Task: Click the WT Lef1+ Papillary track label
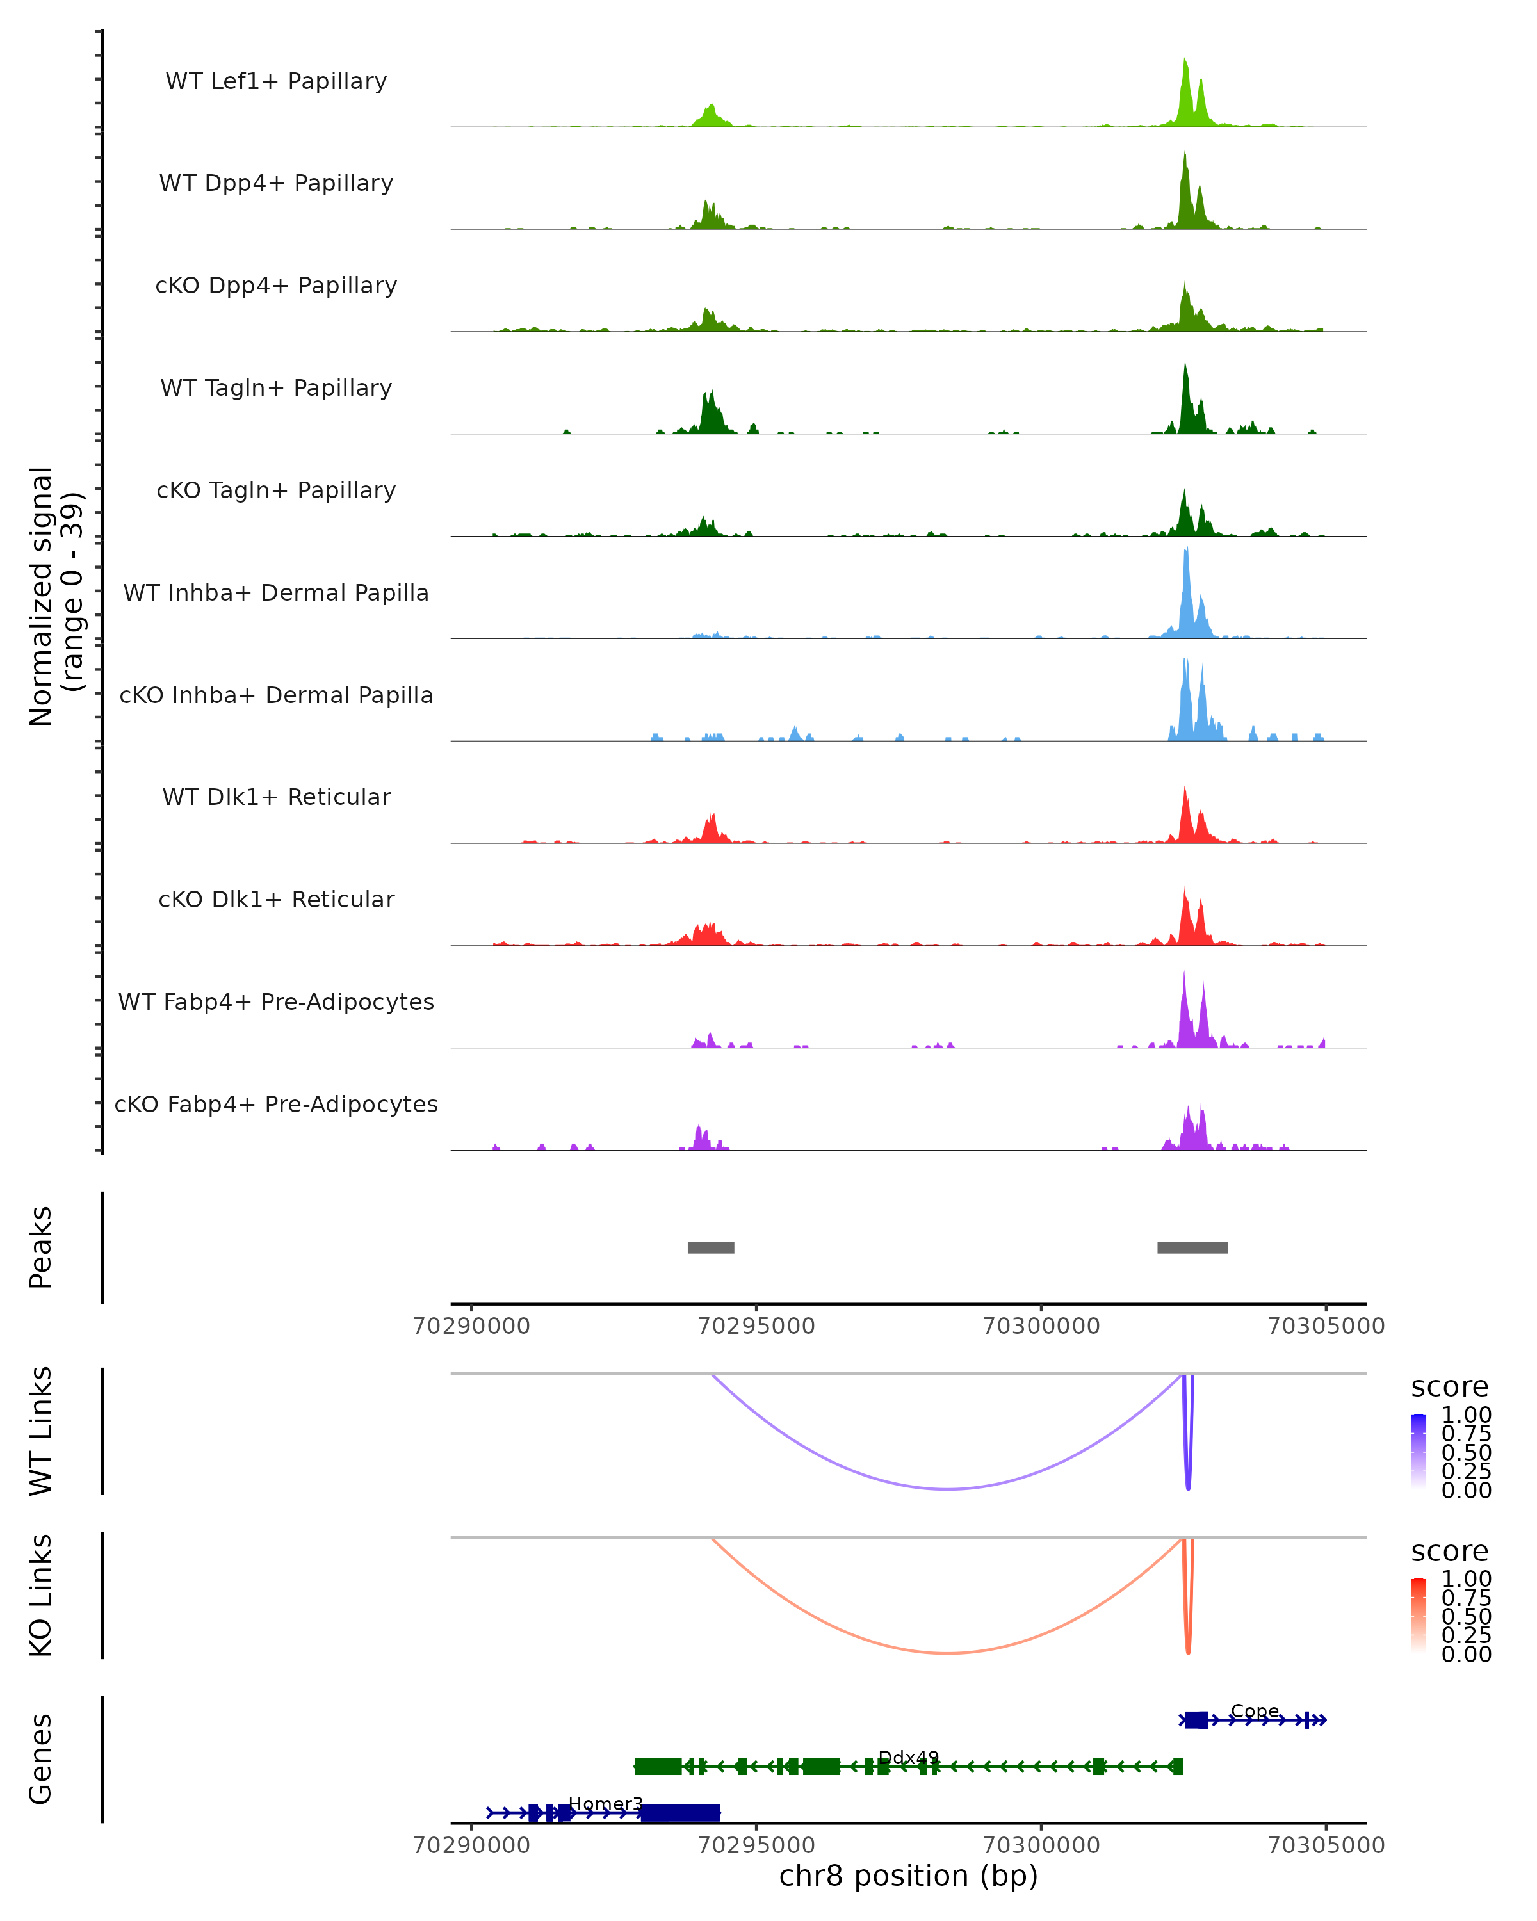pyautogui.click(x=276, y=81)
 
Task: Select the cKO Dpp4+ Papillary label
pyautogui.click(x=276, y=285)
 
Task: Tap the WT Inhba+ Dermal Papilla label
pyautogui.click(x=276, y=592)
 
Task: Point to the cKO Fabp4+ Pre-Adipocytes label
pyautogui.click(x=276, y=1104)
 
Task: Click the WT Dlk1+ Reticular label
pyautogui.click(x=276, y=797)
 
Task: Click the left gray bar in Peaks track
pyautogui.click(x=711, y=1247)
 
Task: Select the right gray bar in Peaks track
pyautogui.click(x=1192, y=1247)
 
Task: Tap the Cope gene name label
pyautogui.click(x=1255, y=1711)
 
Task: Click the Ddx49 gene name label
pyautogui.click(x=908, y=1757)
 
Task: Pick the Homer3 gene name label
pyautogui.click(x=605, y=1803)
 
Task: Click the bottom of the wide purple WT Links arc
pyautogui.click(x=949, y=1488)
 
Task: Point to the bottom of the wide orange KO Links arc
pyautogui.click(x=949, y=1653)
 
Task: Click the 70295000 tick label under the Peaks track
pyautogui.click(x=756, y=1326)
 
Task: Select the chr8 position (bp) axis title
pyautogui.click(x=908, y=1876)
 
